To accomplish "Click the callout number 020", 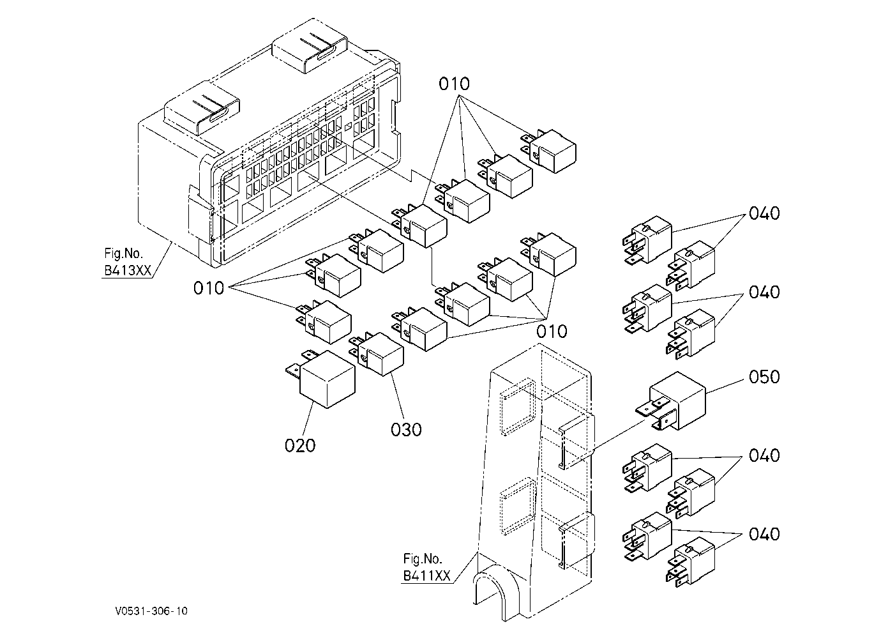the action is (300, 446).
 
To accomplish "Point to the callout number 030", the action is (406, 429).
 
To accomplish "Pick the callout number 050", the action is (764, 377).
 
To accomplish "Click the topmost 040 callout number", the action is (764, 213).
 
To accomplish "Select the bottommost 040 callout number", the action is (764, 534).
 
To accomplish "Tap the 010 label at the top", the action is (455, 84).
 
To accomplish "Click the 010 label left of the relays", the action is (209, 288).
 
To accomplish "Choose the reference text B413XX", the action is (128, 270).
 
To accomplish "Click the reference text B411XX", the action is (426, 576).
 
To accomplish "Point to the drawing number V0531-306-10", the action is (151, 611).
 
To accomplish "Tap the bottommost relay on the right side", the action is (691, 562).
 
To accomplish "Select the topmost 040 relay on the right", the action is (647, 240).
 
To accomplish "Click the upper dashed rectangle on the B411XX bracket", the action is (518, 407).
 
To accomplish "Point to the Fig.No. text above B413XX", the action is (123, 253).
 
